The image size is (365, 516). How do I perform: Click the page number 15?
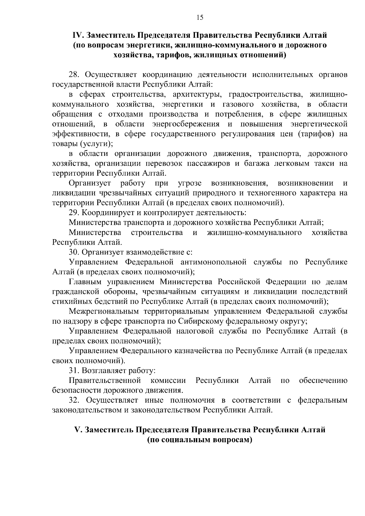(x=200, y=17)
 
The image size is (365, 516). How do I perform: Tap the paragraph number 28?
(x=75, y=75)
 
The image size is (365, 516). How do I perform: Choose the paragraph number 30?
(x=75, y=252)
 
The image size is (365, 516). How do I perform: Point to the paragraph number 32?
(x=75, y=400)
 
